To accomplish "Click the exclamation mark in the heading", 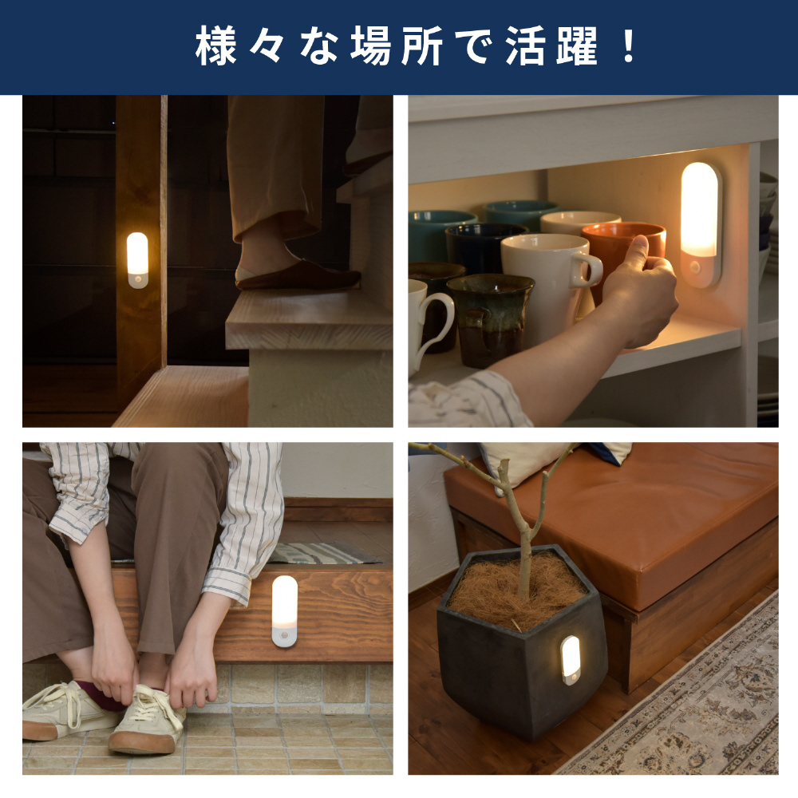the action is pos(629,46).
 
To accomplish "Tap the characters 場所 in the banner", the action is pos(396,46).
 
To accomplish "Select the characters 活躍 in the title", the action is pos(551,46).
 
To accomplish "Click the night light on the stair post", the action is pos(137,260).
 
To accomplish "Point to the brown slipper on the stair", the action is pos(298,275).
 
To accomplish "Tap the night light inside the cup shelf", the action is pos(701,224).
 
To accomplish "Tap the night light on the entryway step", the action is pos(285,611).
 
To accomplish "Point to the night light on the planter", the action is pos(571,660).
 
